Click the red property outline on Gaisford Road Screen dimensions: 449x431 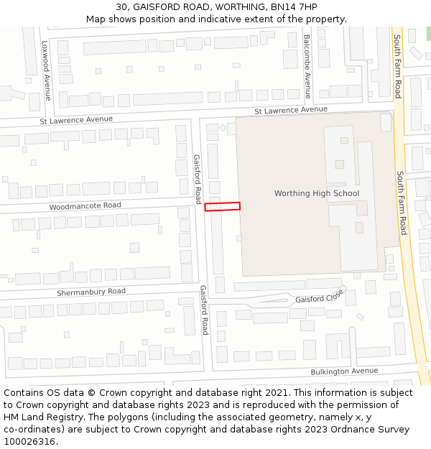pos(222,206)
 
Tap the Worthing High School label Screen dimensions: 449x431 pos(317,193)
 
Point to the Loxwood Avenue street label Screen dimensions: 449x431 pos(47,70)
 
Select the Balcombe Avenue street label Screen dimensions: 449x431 pos(307,66)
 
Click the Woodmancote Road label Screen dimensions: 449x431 pos(85,206)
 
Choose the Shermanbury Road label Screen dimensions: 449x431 pos(91,292)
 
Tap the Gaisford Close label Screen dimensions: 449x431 pos(320,297)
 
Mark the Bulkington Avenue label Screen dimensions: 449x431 pos(344,371)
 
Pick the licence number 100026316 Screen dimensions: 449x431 pos(30,442)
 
